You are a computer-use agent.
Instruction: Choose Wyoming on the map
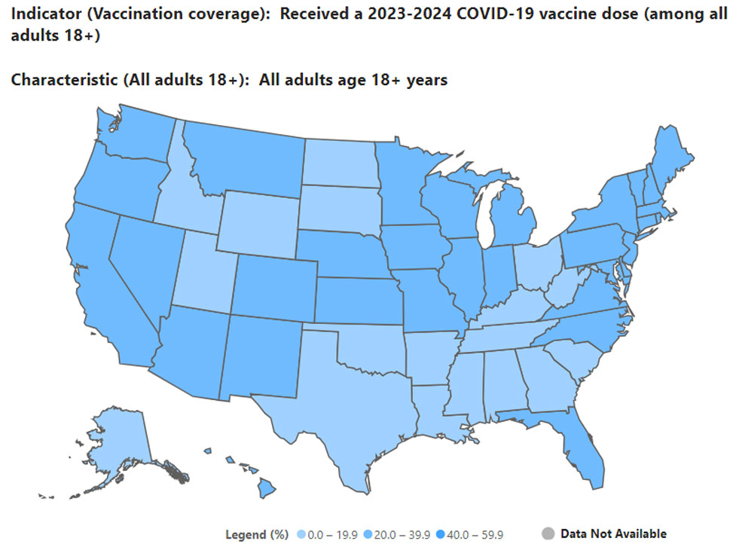pyautogui.click(x=258, y=225)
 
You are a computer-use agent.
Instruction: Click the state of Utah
pyautogui.click(x=206, y=271)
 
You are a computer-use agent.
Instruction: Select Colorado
pyautogui.click(x=275, y=288)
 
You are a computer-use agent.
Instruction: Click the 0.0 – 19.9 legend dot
pyautogui.click(x=301, y=534)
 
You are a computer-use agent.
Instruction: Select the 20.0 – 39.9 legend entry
pyautogui.click(x=397, y=534)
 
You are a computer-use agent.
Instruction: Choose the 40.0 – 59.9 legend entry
pyautogui.click(x=469, y=534)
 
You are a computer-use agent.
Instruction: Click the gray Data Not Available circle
pyautogui.click(x=548, y=533)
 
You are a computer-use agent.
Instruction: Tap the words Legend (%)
pyautogui.click(x=257, y=535)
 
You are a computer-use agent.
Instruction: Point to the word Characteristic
pyautogui.click(x=65, y=79)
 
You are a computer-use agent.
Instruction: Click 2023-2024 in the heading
pyautogui.click(x=409, y=14)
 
